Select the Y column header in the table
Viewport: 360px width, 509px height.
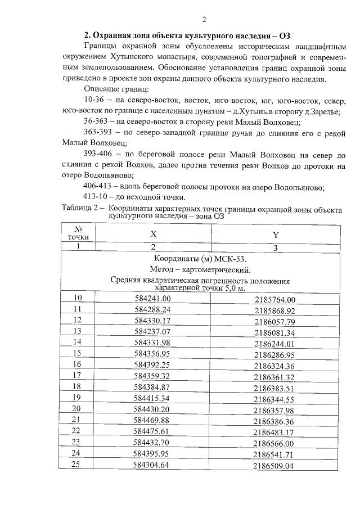coord(275,235)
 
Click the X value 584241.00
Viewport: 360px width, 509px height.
coord(153,298)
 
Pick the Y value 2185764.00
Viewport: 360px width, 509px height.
coord(275,299)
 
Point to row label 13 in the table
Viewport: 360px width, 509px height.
coord(78,330)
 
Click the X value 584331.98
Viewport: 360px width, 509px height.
coord(153,341)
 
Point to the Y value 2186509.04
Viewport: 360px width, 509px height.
coord(275,466)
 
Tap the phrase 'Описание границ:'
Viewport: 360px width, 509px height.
coord(115,89)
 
